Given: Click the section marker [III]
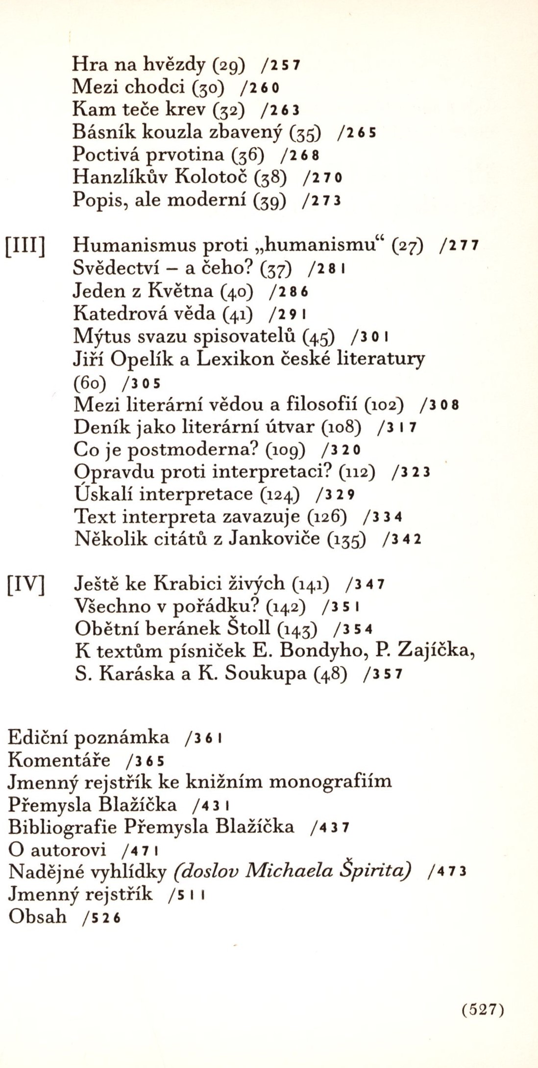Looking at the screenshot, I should pyautogui.click(x=25, y=246).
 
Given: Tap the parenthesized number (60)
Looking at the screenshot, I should pyautogui.click(x=90, y=382).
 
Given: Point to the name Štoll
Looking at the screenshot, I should pyautogui.click(x=248, y=628).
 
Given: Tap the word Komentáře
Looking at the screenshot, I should pyautogui.click(x=59, y=760).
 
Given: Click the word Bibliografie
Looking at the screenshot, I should pyautogui.click(x=63, y=828).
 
